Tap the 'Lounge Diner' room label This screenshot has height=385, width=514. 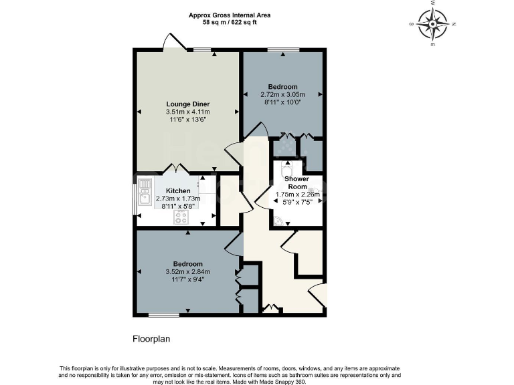pos(188,104)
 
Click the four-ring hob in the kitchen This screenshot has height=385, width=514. pos(181,216)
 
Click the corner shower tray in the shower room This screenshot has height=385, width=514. pos(278,221)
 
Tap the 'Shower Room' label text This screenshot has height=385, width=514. pos(296,182)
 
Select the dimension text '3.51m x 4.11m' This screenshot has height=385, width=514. pos(188,112)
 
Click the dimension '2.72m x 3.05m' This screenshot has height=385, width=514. pos(282,95)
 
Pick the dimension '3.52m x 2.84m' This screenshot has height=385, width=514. pos(188,271)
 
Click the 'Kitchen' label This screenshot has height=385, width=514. pos(169,190)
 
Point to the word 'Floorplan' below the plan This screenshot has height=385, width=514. pos(151,339)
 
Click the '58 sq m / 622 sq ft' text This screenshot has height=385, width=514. pos(230,22)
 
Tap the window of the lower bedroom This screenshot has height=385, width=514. pos(164,315)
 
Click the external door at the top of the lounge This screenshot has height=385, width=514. pos(173,42)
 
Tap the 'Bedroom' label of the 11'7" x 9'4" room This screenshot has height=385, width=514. pos(188,264)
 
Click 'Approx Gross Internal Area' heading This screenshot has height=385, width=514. pos(230,15)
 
